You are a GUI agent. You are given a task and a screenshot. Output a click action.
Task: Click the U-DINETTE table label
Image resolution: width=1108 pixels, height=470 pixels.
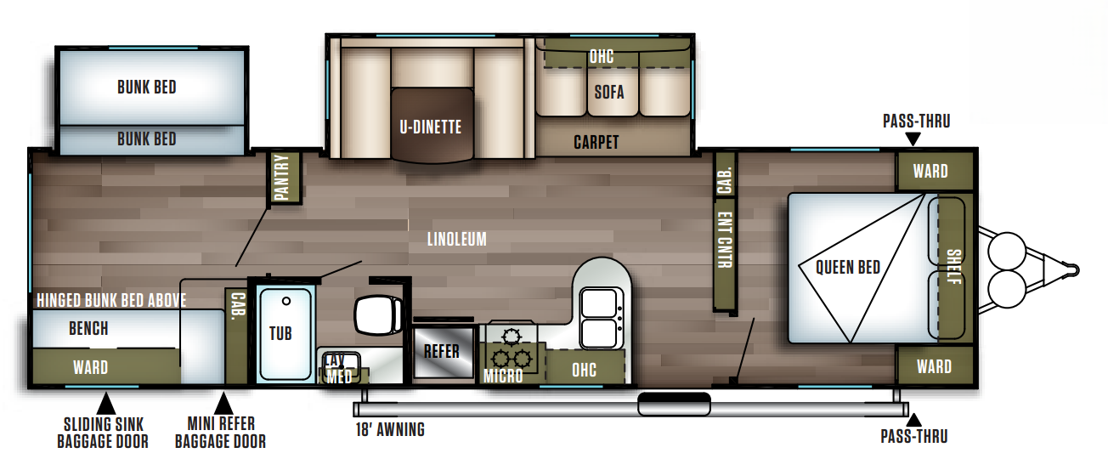click(431, 127)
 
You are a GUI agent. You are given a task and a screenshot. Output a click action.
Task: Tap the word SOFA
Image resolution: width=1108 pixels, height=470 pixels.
click(609, 92)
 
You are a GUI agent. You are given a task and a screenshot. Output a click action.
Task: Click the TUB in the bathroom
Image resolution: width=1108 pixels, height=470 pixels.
click(280, 332)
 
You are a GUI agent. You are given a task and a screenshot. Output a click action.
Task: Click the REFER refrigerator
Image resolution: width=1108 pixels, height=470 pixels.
click(442, 350)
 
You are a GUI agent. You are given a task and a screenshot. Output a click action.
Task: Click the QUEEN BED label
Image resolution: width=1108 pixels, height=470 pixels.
click(847, 267)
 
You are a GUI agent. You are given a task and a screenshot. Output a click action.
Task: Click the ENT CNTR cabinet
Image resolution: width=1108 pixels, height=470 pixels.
click(724, 241)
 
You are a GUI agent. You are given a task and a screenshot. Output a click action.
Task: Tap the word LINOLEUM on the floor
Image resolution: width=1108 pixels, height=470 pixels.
click(457, 239)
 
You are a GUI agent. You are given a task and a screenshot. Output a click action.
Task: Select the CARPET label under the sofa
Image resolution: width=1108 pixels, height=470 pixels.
click(596, 142)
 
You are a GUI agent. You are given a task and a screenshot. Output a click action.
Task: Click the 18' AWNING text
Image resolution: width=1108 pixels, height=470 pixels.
click(390, 429)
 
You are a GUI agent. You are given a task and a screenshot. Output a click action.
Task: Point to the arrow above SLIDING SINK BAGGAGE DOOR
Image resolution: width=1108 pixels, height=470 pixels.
click(106, 400)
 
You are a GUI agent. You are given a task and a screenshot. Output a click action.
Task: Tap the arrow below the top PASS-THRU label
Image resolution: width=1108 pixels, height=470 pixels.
click(913, 139)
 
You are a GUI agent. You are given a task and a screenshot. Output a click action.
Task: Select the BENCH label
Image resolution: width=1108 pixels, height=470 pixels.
click(88, 328)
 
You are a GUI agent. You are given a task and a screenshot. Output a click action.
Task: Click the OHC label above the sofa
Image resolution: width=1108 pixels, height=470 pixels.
click(601, 57)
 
